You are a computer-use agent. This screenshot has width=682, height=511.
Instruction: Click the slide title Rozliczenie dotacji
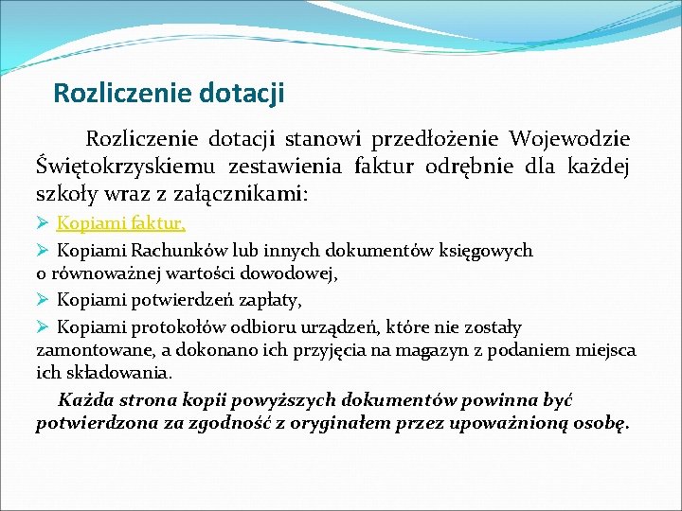[x=169, y=94]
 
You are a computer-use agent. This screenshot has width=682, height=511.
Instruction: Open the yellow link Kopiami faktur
[x=121, y=224]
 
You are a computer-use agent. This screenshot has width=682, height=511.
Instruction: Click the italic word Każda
[x=83, y=399]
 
